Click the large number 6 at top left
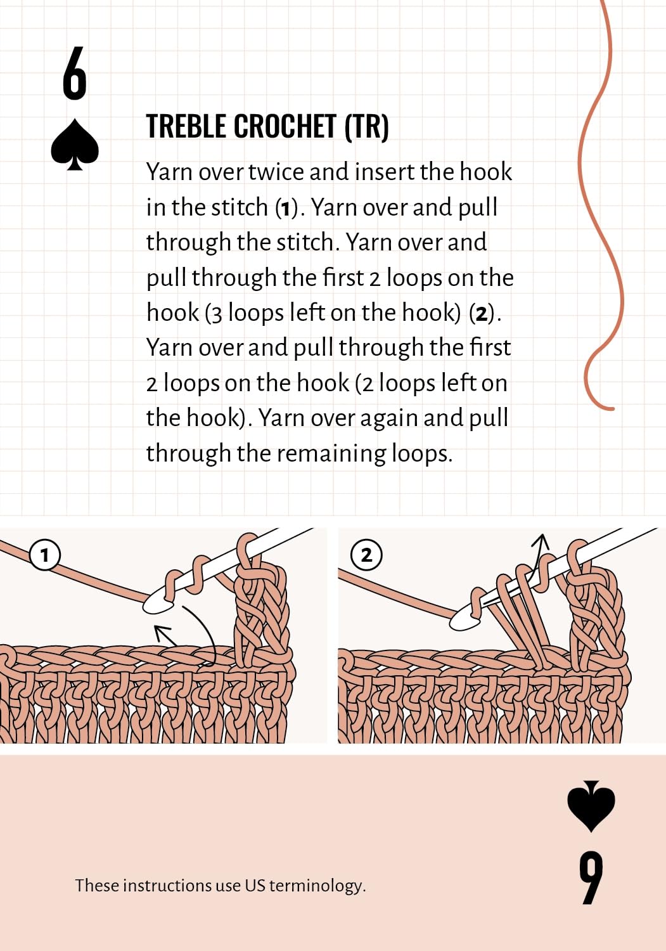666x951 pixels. point(74,74)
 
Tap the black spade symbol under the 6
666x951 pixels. point(75,145)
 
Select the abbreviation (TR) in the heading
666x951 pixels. point(366,126)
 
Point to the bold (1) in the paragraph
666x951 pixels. point(286,208)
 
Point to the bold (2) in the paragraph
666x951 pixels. point(482,313)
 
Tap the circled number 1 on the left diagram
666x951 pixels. point(44,555)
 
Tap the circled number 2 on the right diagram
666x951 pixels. point(366,555)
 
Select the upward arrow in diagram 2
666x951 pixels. point(539,552)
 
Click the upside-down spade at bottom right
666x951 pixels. point(591,808)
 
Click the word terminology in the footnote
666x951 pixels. point(317,885)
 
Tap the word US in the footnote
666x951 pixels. point(255,885)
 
